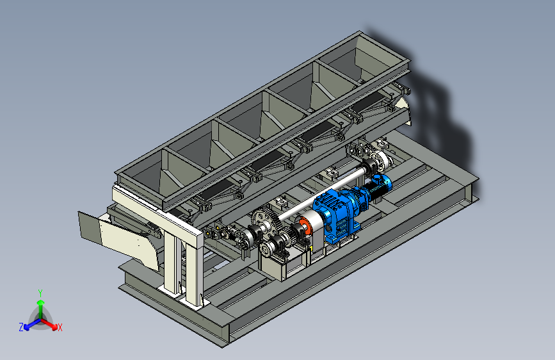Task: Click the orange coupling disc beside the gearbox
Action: coord(305,226)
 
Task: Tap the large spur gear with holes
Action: coord(262,222)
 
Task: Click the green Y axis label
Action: coord(40,293)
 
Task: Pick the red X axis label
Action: coord(60,327)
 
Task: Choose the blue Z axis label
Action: coord(21,327)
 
